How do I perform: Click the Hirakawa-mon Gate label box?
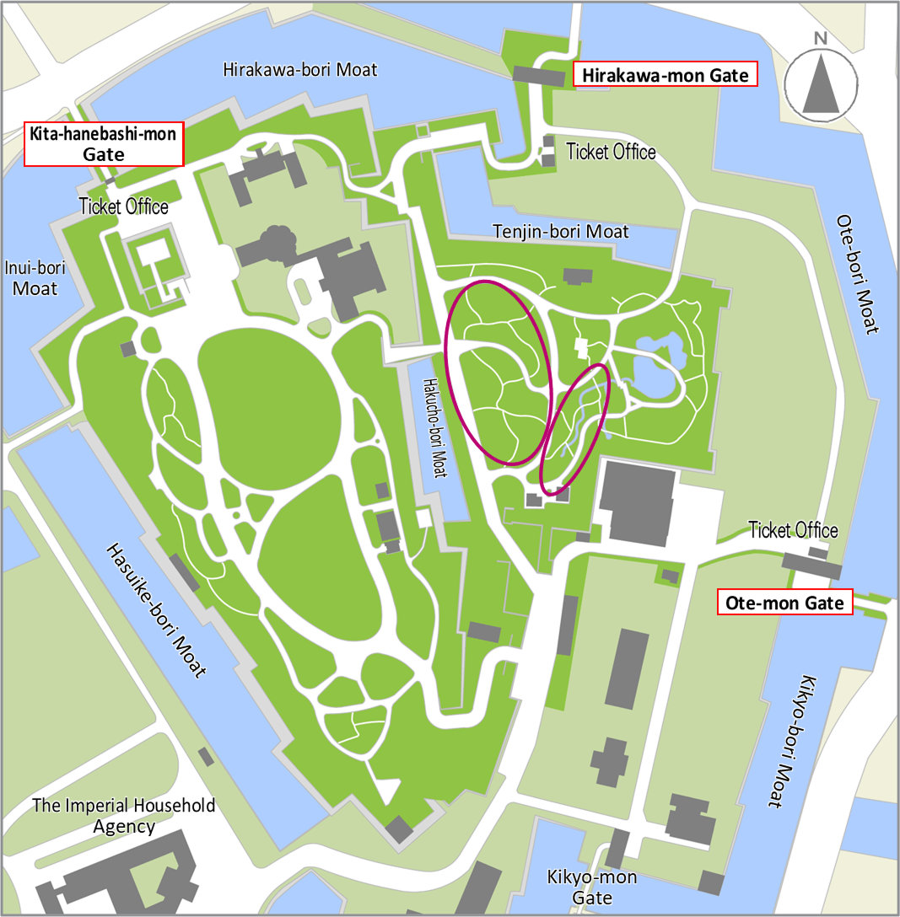(664, 75)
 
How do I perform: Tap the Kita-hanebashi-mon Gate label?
(104, 144)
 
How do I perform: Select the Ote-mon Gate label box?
(784, 603)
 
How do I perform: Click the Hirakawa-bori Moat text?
(299, 69)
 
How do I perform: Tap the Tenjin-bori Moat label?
(560, 231)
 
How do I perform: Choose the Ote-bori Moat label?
(858, 274)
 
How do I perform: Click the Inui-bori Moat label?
(35, 277)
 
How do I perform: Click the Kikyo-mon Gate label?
(591, 888)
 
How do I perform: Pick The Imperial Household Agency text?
(123, 815)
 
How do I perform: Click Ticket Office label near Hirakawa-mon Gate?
(611, 152)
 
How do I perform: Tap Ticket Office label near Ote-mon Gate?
(793, 529)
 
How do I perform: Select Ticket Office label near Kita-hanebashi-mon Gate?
(123, 206)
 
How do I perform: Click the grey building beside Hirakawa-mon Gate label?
(538, 76)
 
